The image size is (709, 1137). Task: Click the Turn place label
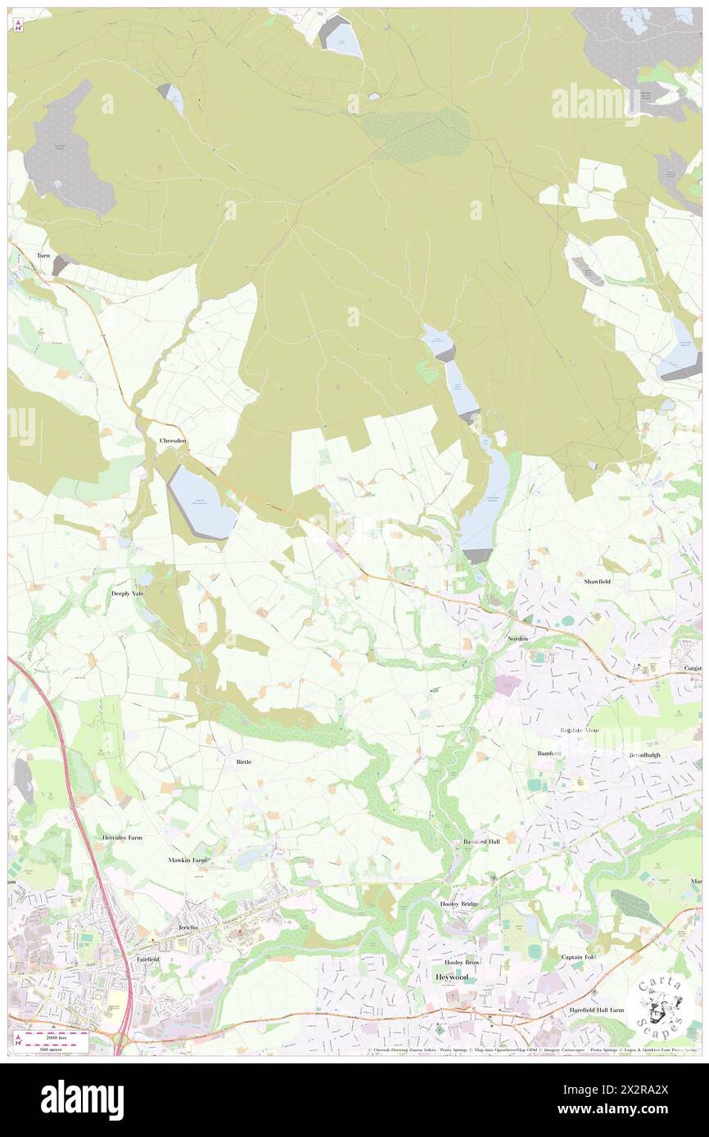[43, 256]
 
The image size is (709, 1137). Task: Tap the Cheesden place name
[173, 441]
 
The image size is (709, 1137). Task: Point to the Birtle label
[243, 762]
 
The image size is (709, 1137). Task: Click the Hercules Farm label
[122, 838]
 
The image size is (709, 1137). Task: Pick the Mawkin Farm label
[187, 860]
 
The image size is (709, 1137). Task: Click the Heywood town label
[451, 977]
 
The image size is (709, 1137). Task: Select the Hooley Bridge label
[459, 903]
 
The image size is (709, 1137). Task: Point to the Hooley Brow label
[461, 963]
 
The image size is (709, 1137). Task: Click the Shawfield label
[598, 581]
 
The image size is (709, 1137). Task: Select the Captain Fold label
[578, 957]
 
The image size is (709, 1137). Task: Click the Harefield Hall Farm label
[597, 1009]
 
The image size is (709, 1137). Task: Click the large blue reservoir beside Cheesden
[201, 503]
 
